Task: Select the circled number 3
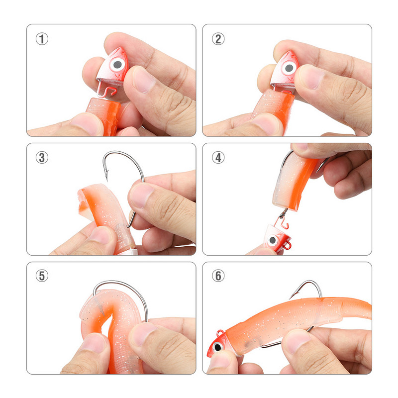tap(42, 158)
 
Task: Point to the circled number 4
tap(218, 158)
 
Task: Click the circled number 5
tap(42, 276)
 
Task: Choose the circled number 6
tap(218, 276)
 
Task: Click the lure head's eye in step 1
tap(117, 64)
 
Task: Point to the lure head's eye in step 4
tap(273, 240)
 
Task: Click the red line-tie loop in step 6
tap(220, 332)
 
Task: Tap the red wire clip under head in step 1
tap(107, 90)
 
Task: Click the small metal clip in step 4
tap(284, 213)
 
